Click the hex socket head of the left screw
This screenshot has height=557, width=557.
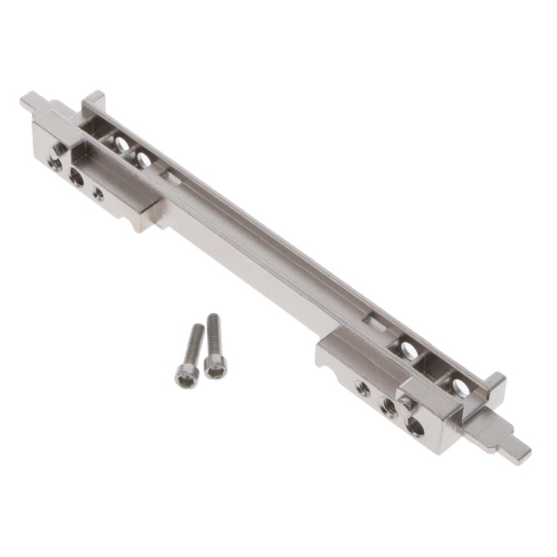coord(185,375)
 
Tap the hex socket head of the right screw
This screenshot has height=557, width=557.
coord(216,366)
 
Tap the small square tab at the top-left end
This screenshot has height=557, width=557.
coord(31,102)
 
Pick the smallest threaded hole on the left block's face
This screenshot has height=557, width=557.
coord(98,195)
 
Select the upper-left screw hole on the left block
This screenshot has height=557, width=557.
coord(58,150)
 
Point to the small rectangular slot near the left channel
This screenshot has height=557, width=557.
coord(173,178)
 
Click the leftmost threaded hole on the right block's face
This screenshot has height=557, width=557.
coord(364,389)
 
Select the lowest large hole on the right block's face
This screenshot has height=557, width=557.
coord(416,427)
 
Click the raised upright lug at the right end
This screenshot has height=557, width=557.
coord(493,383)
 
